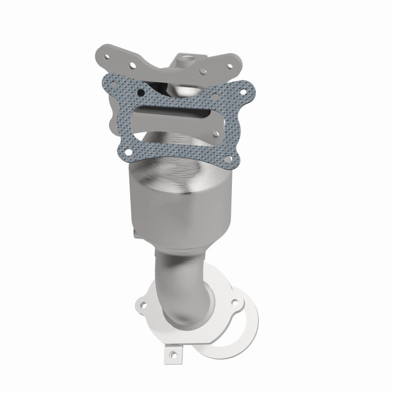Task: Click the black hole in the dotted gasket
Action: coord(141,92)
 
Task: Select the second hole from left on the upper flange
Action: coord(131,63)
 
